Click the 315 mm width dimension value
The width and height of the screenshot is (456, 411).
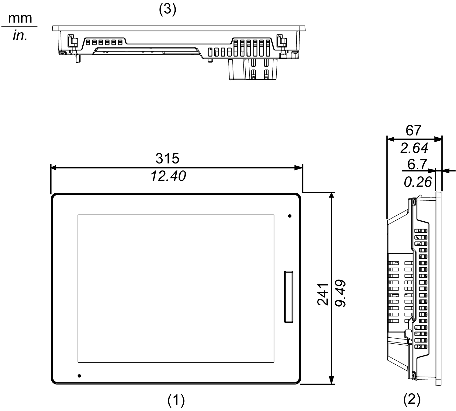[x=168, y=158]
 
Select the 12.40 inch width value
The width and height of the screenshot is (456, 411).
[x=168, y=176]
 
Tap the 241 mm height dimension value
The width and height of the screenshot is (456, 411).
[x=323, y=294]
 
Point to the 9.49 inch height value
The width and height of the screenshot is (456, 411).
[x=340, y=293]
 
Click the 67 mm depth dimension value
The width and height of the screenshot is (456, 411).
[x=413, y=131]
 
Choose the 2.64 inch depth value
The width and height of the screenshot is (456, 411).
[x=414, y=148]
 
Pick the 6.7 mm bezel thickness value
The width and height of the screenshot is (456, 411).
[x=417, y=164]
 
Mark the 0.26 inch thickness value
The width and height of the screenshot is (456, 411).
[x=418, y=182]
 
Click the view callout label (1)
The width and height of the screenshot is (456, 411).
[x=176, y=400]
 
